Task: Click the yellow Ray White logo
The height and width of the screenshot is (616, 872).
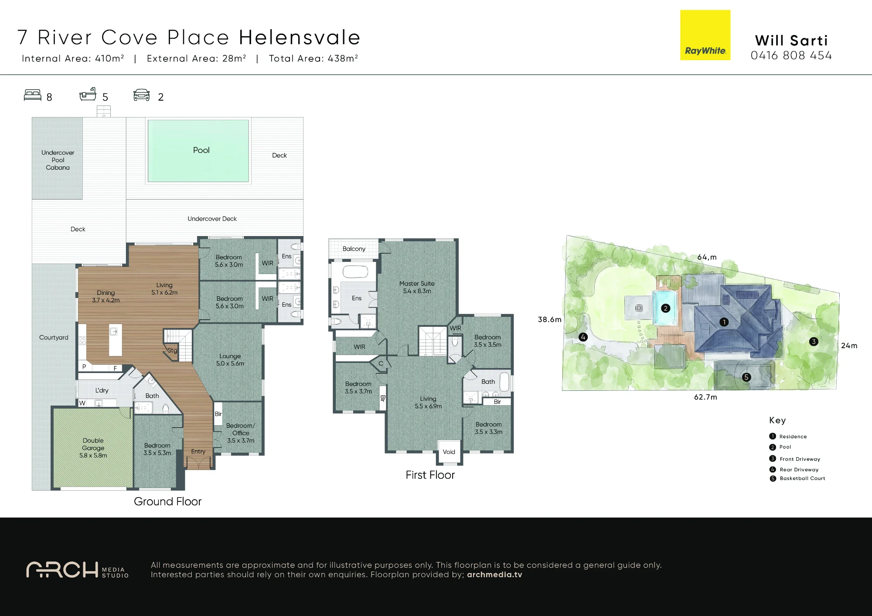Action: click(705, 35)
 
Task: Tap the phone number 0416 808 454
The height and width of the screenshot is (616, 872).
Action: click(791, 56)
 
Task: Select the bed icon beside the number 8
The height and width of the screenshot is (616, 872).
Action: click(33, 95)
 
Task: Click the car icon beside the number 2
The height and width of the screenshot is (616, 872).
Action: click(142, 95)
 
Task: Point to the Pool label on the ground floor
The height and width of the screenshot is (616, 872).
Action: click(201, 150)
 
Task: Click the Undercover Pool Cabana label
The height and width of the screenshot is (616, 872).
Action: click(58, 160)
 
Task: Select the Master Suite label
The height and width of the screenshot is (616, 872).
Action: click(417, 284)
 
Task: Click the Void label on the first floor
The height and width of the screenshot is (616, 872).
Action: click(449, 452)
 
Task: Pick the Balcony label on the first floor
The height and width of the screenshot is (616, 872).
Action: click(354, 249)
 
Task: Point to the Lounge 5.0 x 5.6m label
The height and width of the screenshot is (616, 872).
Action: click(230, 359)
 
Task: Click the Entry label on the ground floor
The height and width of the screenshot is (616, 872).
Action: click(198, 451)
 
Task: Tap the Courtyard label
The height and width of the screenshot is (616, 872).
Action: click(54, 337)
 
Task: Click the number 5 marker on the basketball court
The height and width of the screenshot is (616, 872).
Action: click(746, 377)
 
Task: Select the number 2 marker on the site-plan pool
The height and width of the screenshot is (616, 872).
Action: click(665, 308)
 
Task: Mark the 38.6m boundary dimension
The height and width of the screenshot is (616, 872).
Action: click(549, 319)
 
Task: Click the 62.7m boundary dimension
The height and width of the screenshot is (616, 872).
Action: click(705, 397)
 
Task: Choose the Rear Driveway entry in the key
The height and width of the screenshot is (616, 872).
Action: click(799, 470)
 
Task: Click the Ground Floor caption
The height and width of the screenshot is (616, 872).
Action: click(167, 501)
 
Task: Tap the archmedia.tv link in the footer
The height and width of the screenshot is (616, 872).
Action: click(494, 575)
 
